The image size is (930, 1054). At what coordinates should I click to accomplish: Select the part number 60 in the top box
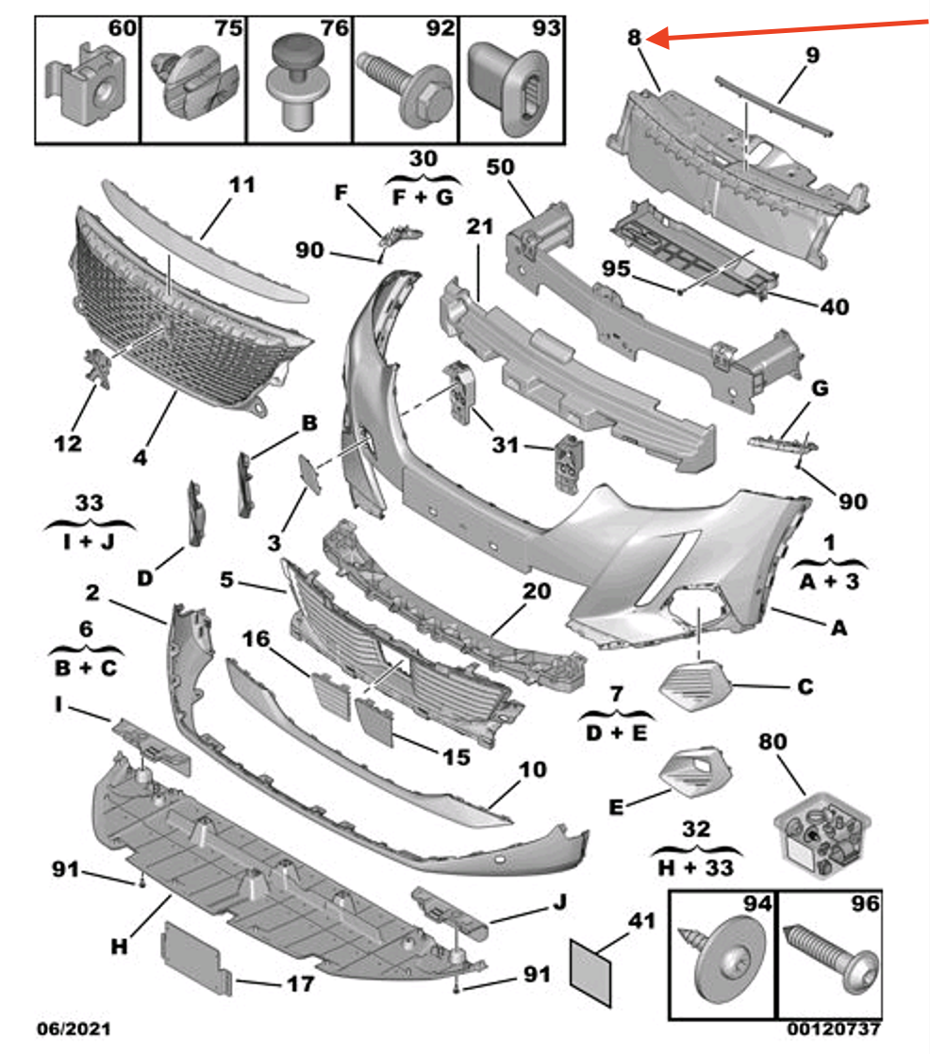pyautogui.click(x=122, y=29)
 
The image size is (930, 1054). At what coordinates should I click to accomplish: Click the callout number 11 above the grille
pyautogui.click(x=242, y=185)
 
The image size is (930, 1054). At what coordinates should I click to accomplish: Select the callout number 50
pyautogui.click(x=500, y=167)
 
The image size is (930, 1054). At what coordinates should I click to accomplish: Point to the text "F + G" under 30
pyautogui.click(x=423, y=196)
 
